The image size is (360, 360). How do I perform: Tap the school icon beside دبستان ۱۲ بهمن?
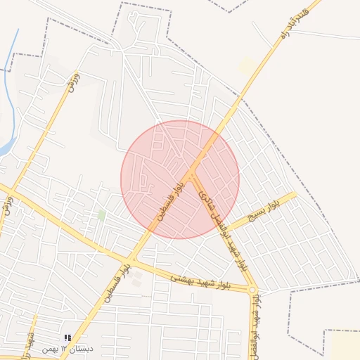[67, 339]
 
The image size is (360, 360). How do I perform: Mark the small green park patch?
[102, 214]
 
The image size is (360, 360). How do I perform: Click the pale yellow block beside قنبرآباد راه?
[247, 66]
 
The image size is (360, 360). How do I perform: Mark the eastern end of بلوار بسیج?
[294, 194]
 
